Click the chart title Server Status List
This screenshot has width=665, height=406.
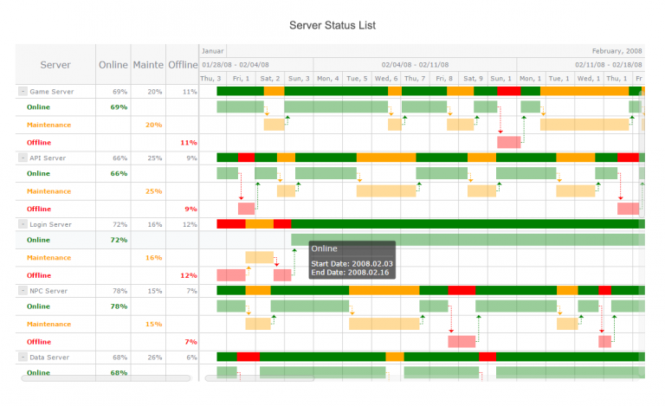[x=332, y=25]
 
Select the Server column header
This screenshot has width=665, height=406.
[x=55, y=65]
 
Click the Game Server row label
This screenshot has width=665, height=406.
[x=52, y=91]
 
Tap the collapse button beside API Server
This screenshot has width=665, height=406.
[x=22, y=158]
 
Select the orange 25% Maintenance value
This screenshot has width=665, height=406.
[x=153, y=191]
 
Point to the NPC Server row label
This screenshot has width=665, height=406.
[x=48, y=291]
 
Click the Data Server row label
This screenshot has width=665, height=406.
[x=49, y=357]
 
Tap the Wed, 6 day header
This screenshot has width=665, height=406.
[x=386, y=79]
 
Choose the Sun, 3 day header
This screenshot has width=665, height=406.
[x=299, y=79]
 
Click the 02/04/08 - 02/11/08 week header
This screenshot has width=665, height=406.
[x=415, y=64]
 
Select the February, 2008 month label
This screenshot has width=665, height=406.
[x=617, y=50]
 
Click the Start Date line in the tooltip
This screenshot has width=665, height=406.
[x=339, y=262]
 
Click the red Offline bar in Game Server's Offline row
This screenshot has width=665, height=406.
[x=508, y=142]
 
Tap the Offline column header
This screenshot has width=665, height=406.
[x=182, y=65]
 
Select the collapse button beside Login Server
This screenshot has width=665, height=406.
[x=22, y=224]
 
